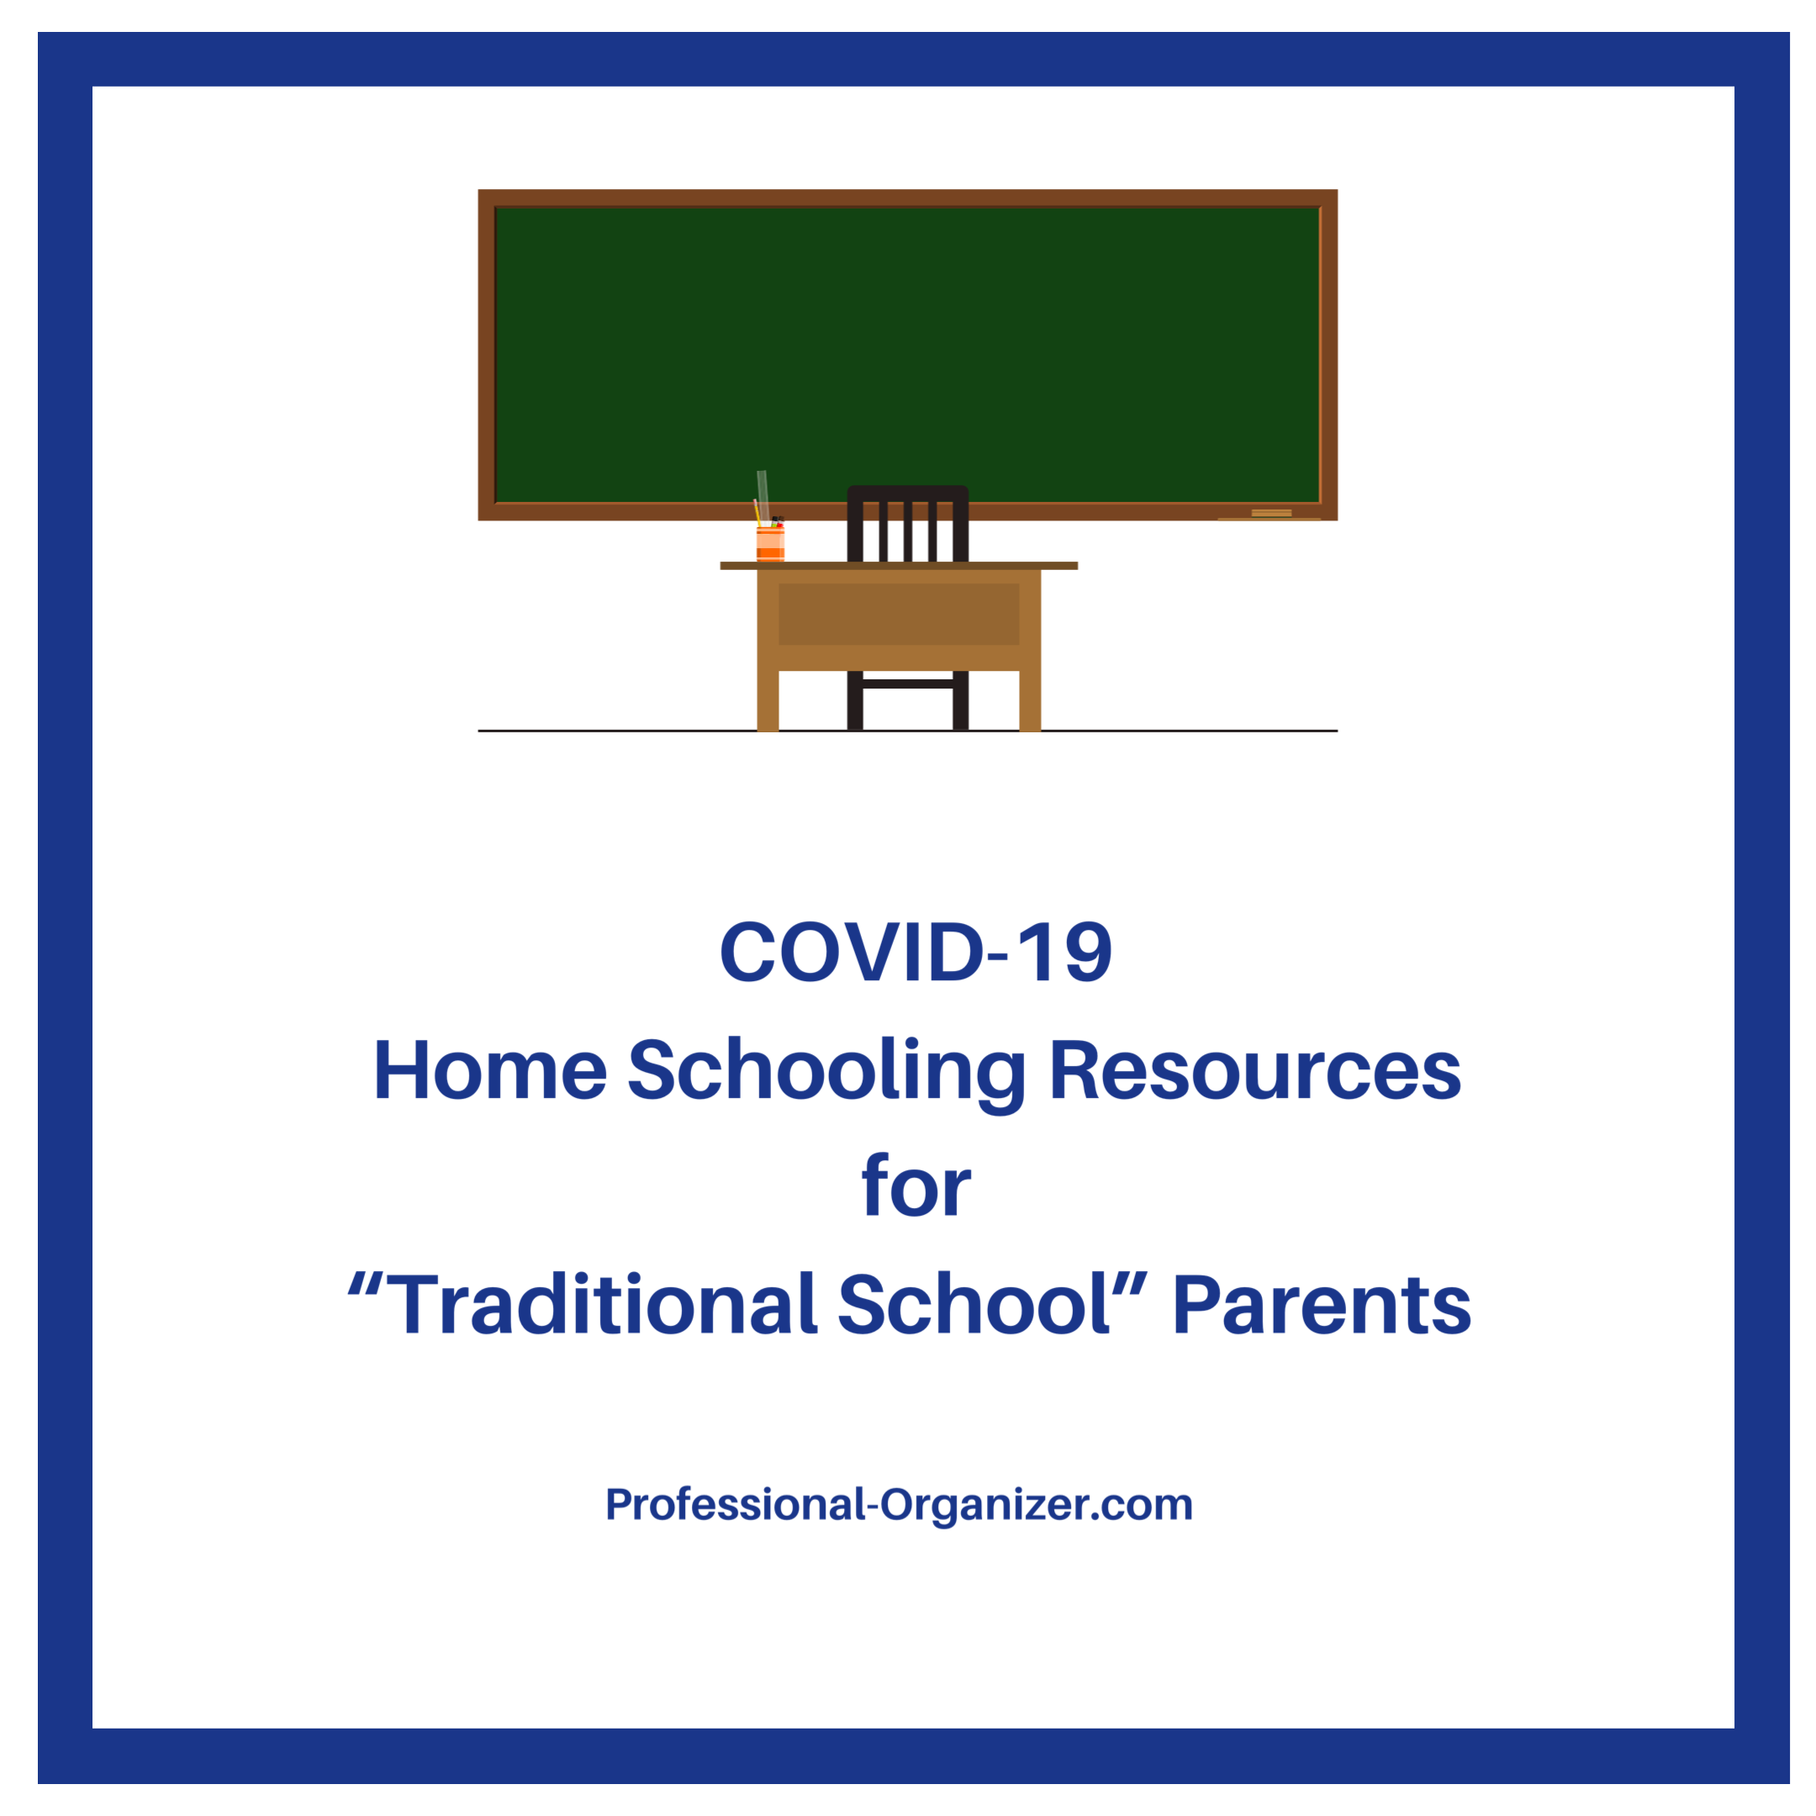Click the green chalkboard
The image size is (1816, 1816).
pos(907,354)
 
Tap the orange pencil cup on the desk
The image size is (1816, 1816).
pos(770,544)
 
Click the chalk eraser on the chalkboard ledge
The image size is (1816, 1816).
pos(1271,512)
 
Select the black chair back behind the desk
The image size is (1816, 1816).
pos(907,523)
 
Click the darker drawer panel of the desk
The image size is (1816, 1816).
pos(899,614)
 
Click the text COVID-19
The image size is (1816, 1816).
pos(916,953)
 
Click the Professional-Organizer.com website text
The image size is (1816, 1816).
pos(899,1505)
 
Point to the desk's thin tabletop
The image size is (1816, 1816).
pos(899,566)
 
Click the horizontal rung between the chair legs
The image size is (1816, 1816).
pos(907,684)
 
